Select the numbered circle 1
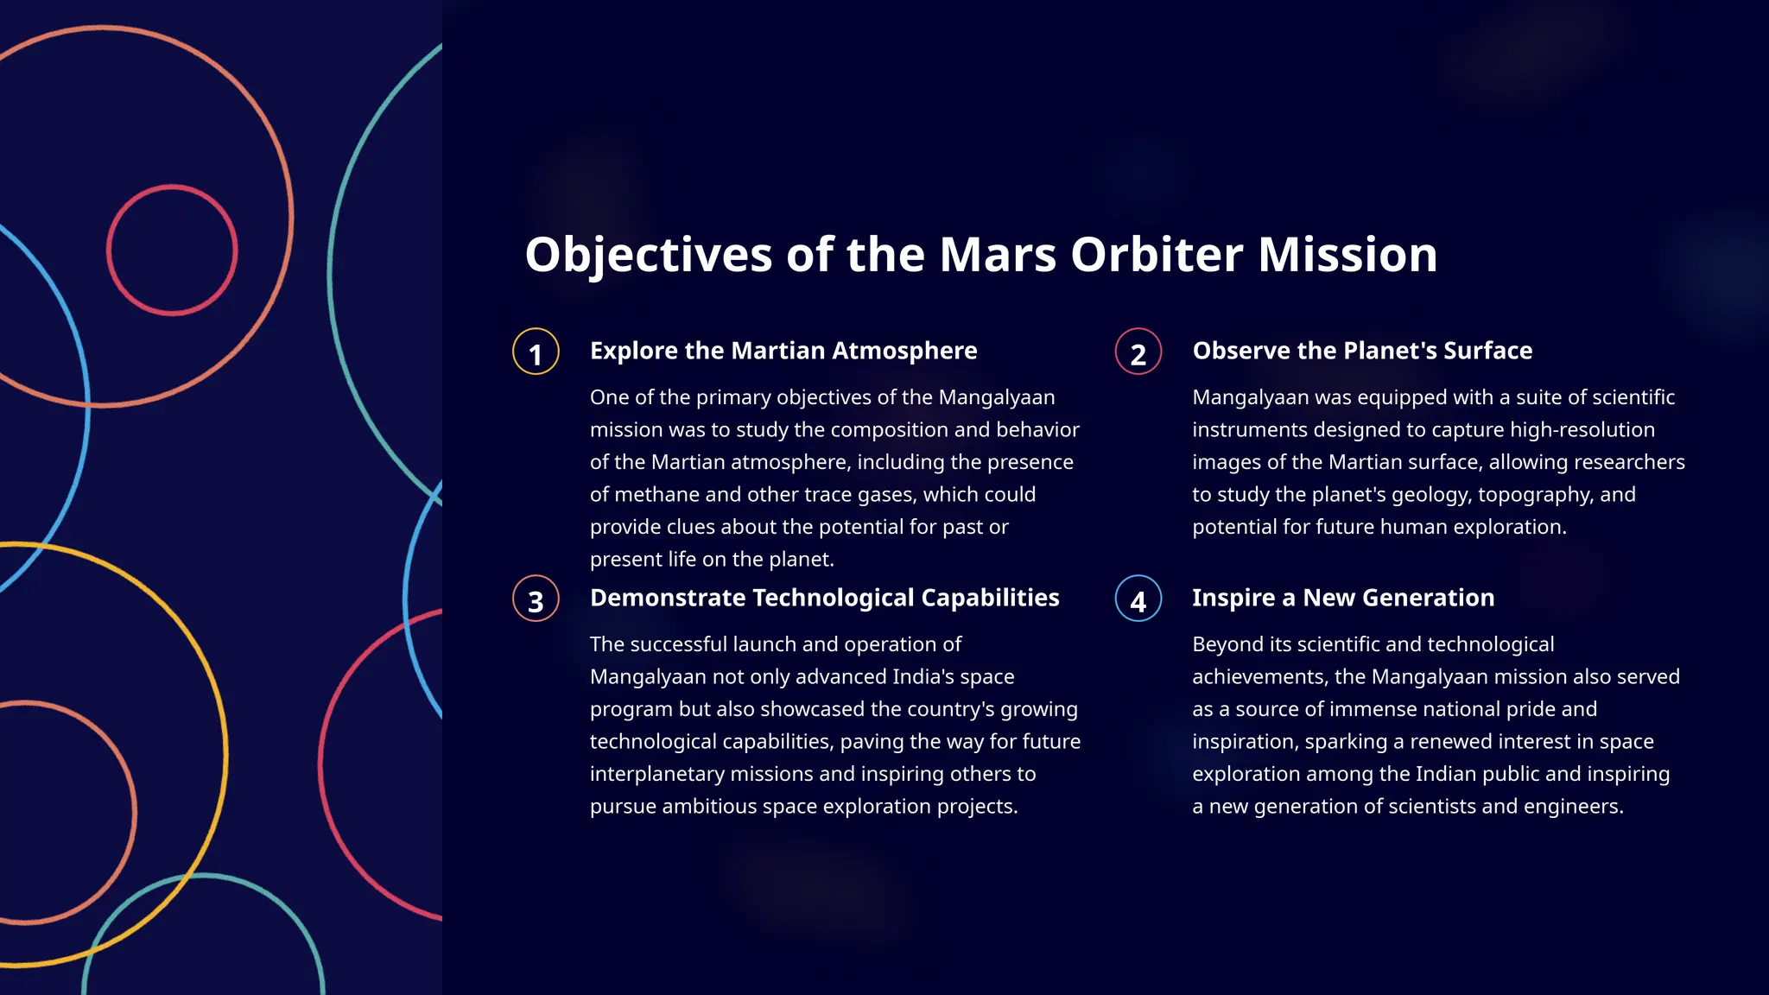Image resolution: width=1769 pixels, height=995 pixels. pyautogui.click(x=536, y=352)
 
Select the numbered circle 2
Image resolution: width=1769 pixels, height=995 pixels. pyautogui.click(x=1138, y=352)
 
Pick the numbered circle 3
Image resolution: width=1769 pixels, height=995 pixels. pyautogui.click(x=536, y=599)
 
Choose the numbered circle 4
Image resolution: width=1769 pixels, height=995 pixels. pyautogui.click(x=1138, y=599)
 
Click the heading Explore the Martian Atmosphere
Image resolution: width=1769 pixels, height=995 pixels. pyautogui.click(x=783, y=351)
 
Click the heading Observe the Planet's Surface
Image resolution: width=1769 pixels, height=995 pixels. pyautogui.click(x=1361, y=351)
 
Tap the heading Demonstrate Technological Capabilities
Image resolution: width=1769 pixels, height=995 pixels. pyautogui.click(x=824, y=598)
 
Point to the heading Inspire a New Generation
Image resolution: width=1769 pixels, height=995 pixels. pyautogui.click(x=1342, y=598)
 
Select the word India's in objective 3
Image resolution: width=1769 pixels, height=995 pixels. pyautogui.click(x=953, y=677)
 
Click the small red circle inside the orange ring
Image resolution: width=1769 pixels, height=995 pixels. pyautogui.click(x=172, y=250)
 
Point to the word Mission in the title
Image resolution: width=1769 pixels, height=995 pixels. pyautogui.click(x=1347, y=256)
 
